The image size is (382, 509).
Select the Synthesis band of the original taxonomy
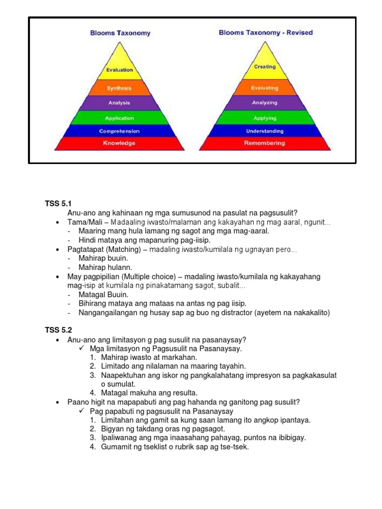click(x=119, y=88)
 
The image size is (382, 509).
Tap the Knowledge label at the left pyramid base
click(x=119, y=143)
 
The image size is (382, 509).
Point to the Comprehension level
click(x=119, y=131)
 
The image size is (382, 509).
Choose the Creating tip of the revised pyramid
click(x=265, y=67)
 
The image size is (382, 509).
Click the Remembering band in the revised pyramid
click(x=265, y=143)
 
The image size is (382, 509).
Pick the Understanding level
click(x=265, y=131)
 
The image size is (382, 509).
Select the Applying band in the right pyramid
click(x=265, y=118)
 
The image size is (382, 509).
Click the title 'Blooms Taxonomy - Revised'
click(x=266, y=33)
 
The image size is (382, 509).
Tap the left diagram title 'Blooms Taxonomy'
click(x=120, y=33)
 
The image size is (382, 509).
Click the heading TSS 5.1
click(x=59, y=203)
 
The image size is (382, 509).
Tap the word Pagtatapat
click(x=85, y=250)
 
